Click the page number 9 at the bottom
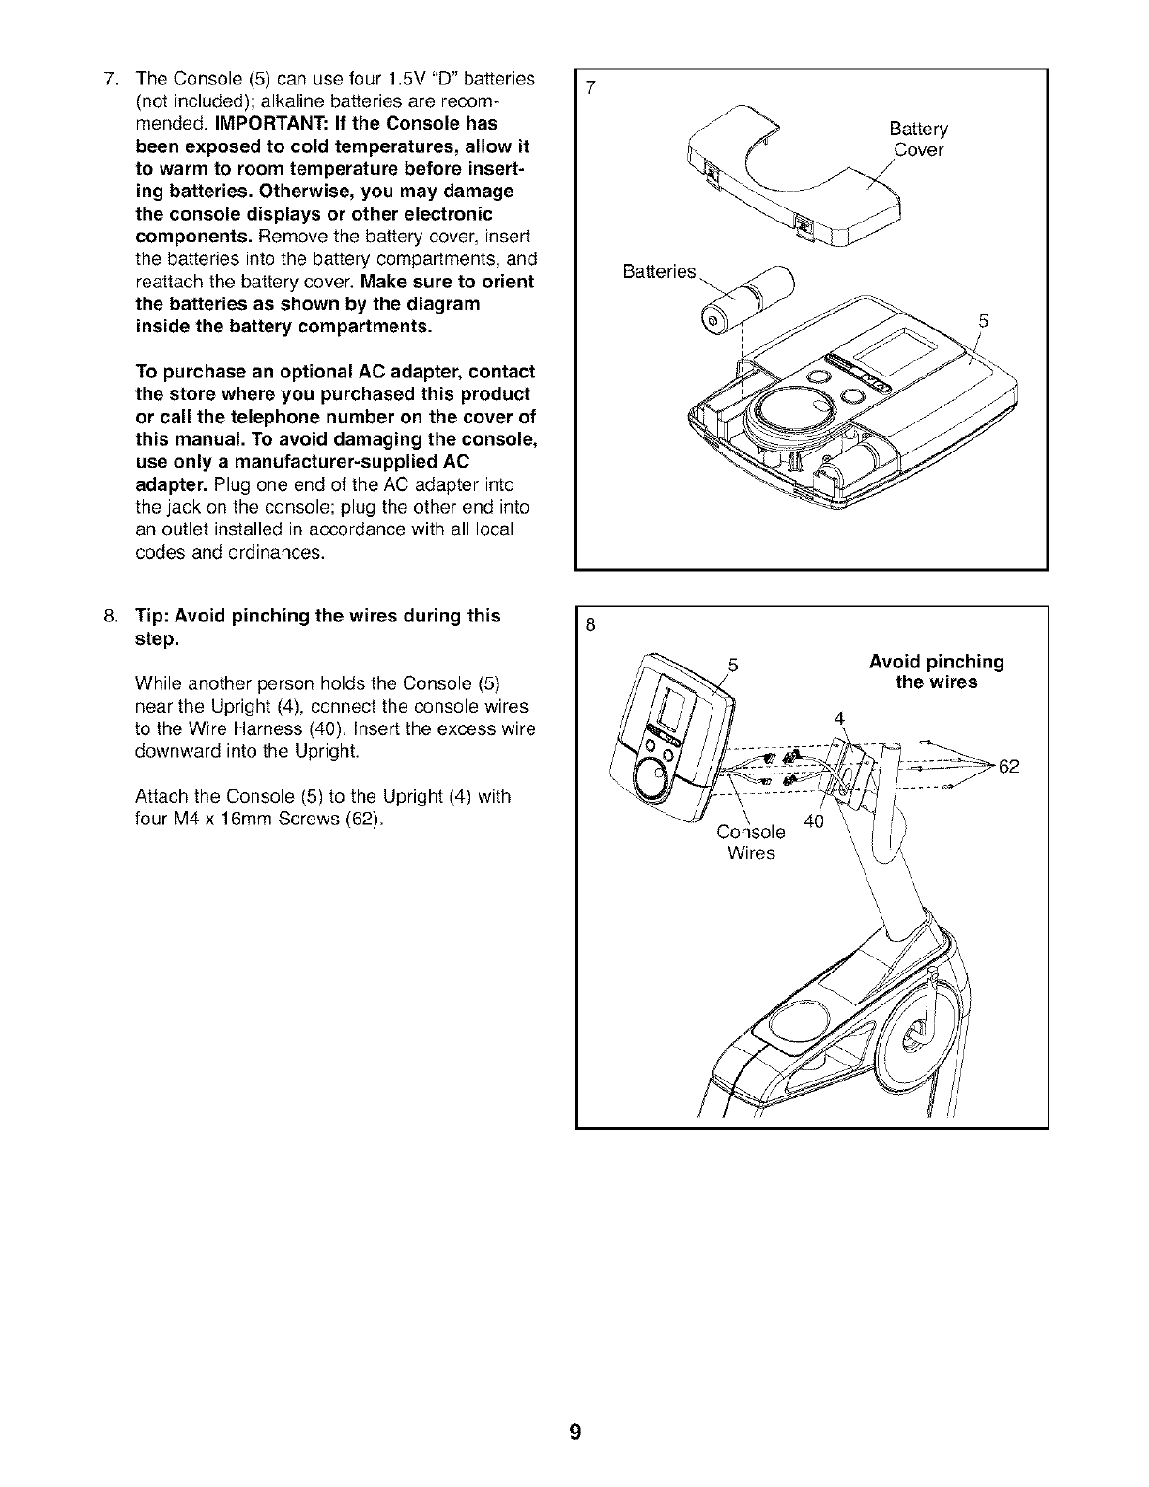pyautogui.click(x=574, y=1433)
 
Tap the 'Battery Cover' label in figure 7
pyautogui.click(x=918, y=140)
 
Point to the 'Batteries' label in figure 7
pyautogui.click(x=659, y=272)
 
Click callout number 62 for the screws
pyautogui.click(x=1008, y=767)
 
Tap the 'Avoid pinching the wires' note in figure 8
pyautogui.click(x=936, y=672)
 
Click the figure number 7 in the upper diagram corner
pyautogui.click(x=590, y=89)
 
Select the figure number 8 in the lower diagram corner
pyautogui.click(x=590, y=626)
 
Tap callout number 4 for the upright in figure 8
pyautogui.click(x=840, y=719)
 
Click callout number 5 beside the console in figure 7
pyautogui.click(x=983, y=321)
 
